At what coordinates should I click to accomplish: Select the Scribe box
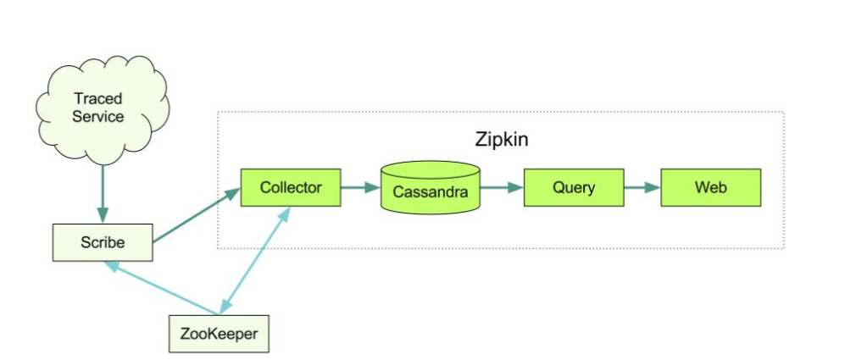tap(103, 242)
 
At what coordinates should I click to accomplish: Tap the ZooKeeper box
tap(219, 334)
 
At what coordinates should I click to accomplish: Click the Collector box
tap(291, 187)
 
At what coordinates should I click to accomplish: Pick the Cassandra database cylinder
tap(431, 188)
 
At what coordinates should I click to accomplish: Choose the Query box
tap(574, 187)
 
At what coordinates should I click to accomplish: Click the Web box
tap(711, 187)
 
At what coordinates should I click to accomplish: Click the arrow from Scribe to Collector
tap(196, 216)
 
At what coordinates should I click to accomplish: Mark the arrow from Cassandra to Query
tap(503, 187)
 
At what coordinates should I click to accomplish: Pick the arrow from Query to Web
tap(642, 187)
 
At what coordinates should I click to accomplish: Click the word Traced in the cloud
tap(97, 100)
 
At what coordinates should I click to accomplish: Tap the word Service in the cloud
tap(97, 117)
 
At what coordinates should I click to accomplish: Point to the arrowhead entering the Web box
tap(653, 187)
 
